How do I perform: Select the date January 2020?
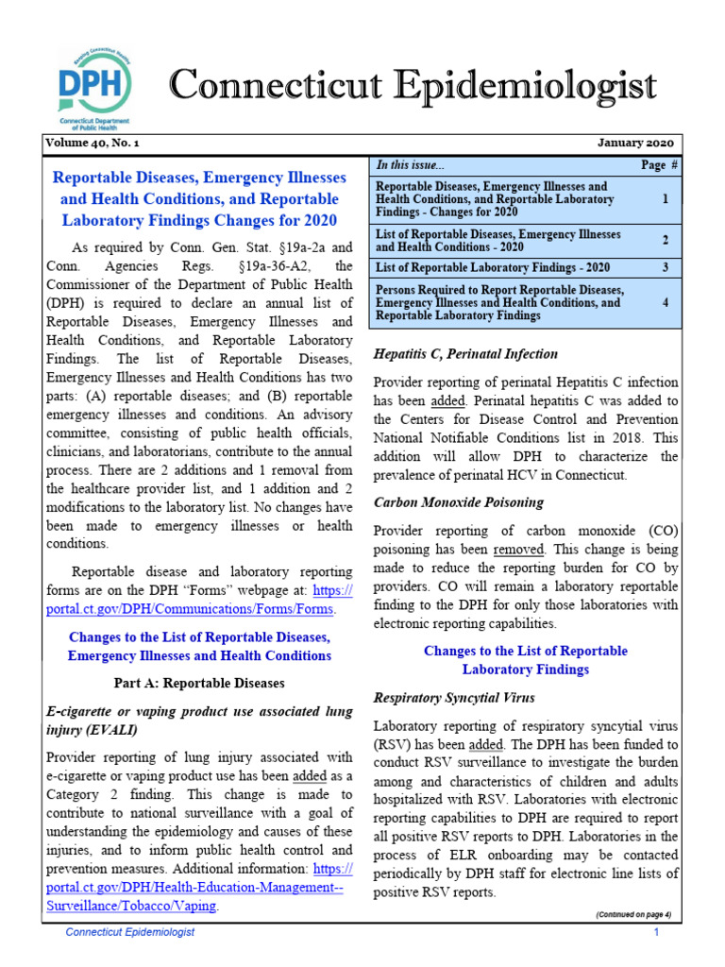coord(636,144)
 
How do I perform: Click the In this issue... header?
coord(411,164)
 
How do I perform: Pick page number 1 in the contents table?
coord(665,200)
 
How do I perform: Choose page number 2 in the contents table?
coord(665,241)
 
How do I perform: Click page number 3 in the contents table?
coord(665,267)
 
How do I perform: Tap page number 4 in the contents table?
coord(665,303)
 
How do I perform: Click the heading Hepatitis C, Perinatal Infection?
coord(465,354)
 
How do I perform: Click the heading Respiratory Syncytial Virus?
coord(454,698)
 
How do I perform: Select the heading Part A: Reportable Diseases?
coord(199,683)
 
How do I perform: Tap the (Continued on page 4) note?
coord(632,915)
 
